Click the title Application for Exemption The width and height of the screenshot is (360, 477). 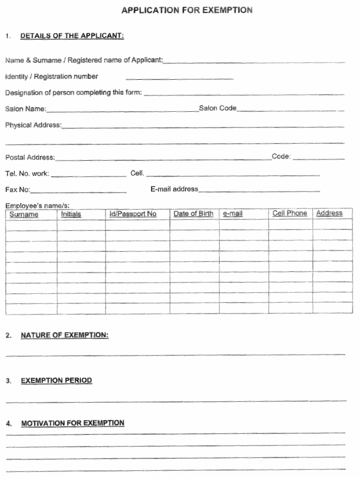coord(187,10)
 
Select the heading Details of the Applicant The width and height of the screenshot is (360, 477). coord(72,36)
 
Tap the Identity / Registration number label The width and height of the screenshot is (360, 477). coord(52,76)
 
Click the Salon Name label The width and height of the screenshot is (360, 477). coord(26,109)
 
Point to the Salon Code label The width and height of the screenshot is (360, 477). coord(218,108)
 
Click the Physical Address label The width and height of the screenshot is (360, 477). coord(33,125)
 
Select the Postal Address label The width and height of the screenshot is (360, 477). coord(30,157)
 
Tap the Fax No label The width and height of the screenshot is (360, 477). coord(18,190)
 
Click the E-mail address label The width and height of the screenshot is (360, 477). coord(174,189)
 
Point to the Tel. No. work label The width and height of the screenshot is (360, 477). coord(28,174)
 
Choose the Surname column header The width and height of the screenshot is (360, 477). coord(24,215)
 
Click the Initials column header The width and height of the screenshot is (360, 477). coord(71,214)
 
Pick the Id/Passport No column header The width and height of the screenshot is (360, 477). coord(133,214)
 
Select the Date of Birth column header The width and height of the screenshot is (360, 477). coord(193,213)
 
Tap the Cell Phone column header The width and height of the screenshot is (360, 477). coord(290,213)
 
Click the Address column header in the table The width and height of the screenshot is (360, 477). coord(329,213)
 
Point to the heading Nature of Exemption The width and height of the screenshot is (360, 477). coord(65,335)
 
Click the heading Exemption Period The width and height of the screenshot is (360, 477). coord(56,380)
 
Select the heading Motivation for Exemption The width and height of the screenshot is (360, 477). coord(72,423)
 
